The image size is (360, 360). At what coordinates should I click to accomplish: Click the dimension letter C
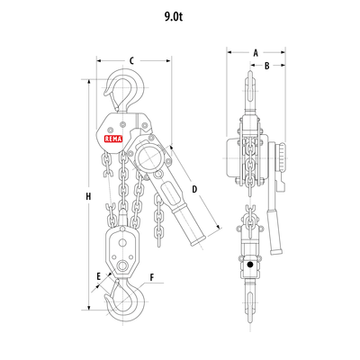pyautogui.click(x=131, y=60)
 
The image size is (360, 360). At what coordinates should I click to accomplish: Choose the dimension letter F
pyautogui.click(x=152, y=277)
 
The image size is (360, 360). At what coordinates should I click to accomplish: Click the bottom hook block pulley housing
pyautogui.click(x=119, y=251)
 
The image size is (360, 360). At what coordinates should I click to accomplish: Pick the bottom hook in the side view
pyautogui.click(x=249, y=301)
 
